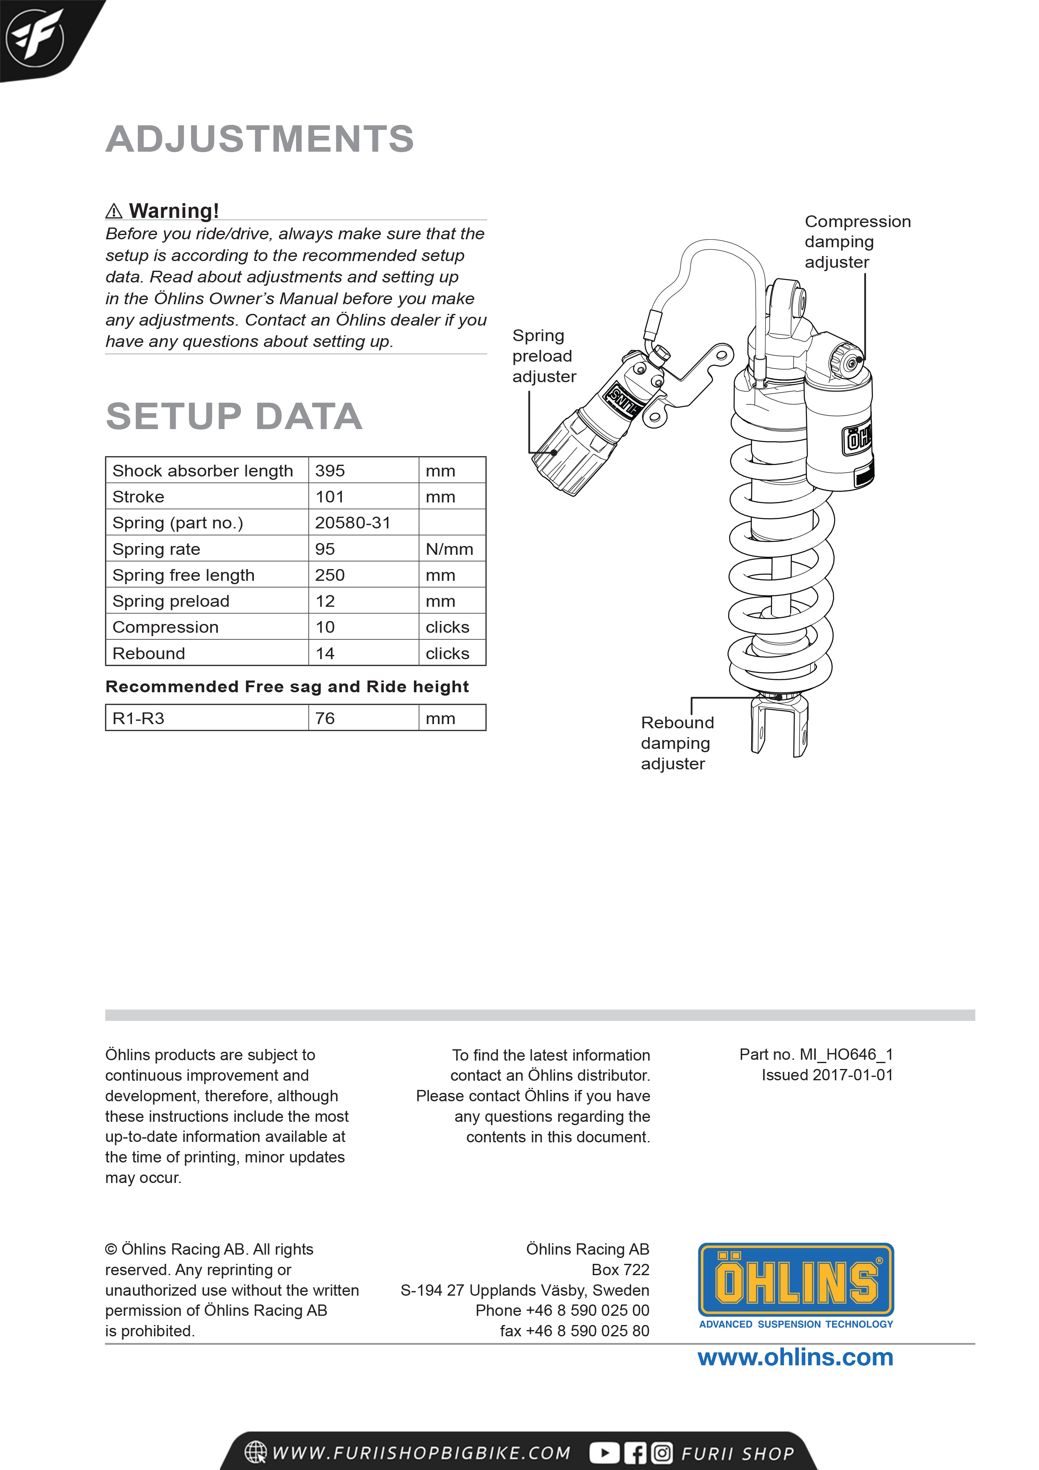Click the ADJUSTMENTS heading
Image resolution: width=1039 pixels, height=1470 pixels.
[x=259, y=139]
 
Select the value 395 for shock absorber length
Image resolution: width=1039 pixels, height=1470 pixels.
[x=330, y=471]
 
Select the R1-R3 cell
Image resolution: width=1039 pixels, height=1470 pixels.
[x=138, y=718]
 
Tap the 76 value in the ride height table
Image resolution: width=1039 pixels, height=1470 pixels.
[x=325, y=718]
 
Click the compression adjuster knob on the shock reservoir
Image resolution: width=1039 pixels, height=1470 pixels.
[x=850, y=363]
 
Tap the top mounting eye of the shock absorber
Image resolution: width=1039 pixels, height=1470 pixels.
[x=798, y=299]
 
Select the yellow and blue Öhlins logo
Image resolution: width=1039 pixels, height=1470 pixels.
[x=795, y=1281]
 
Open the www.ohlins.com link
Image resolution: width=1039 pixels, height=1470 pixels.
[x=795, y=1357]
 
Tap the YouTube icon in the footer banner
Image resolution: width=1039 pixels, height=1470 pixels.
[x=604, y=1453]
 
